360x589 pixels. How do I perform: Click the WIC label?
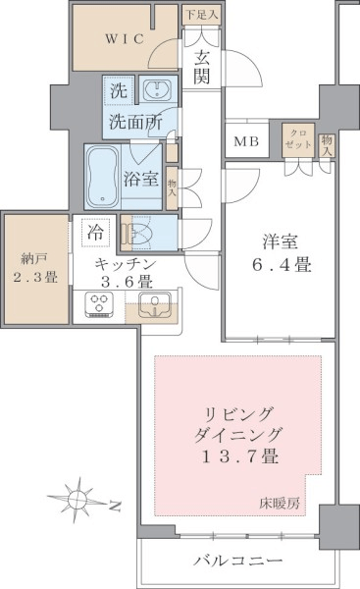point(125,39)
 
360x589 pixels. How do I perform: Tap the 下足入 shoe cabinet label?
point(202,15)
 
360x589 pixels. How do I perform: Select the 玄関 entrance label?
point(202,68)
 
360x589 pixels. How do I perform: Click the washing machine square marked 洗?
point(119,90)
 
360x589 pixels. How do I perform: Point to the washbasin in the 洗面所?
point(158,89)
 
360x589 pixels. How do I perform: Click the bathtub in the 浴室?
point(102,177)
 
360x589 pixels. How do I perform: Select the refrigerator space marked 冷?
point(96,233)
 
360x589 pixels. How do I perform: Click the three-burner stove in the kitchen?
point(99,303)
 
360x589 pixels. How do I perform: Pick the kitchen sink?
point(154,303)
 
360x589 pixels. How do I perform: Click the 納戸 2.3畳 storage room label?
point(35,268)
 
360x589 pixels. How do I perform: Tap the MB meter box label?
point(246,141)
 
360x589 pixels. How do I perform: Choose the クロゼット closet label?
point(298,139)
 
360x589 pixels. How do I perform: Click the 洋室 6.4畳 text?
point(281,253)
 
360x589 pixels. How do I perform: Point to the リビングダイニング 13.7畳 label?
point(237,435)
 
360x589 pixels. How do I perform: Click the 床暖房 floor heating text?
point(280,503)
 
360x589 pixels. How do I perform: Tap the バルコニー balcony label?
point(238,562)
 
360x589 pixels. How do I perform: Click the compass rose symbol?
point(77,500)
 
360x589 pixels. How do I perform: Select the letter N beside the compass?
point(115,508)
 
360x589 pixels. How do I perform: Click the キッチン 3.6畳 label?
point(126,272)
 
